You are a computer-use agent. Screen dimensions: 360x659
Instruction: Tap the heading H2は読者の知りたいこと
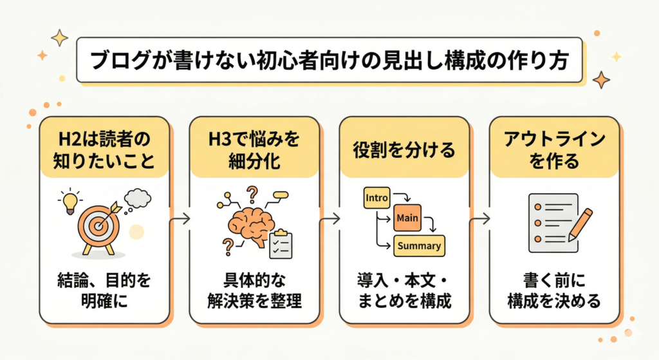[x=104, y=149]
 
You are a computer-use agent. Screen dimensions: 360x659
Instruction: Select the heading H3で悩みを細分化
[x=255, y=149]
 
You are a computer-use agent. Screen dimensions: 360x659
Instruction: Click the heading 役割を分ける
[x=404, y=149]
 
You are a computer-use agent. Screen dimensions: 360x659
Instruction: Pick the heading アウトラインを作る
[x=554, y=149]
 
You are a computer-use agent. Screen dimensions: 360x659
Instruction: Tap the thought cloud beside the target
[x=138, y=198]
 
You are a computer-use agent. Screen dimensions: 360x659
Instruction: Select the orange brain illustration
[x=247, y=222]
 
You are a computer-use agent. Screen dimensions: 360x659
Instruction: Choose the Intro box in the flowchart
[x=376, y=197]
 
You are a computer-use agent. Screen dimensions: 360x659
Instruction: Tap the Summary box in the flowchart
[x=419, y=245]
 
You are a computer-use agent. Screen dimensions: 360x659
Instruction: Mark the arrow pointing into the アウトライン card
[x=479, y=219]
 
